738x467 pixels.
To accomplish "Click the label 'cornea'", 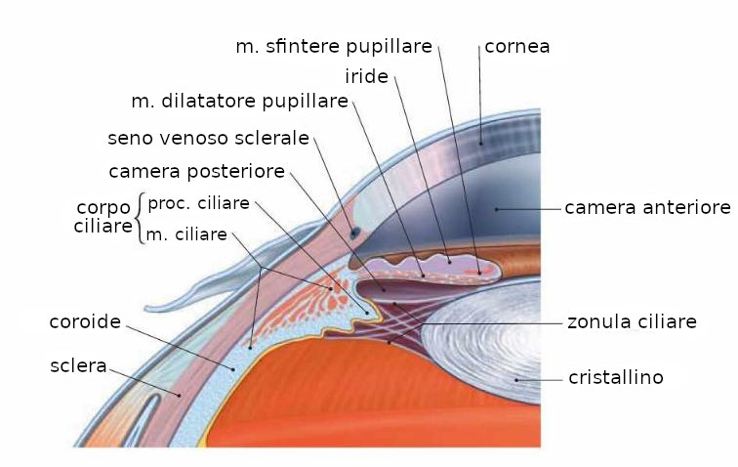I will pyautogui.click(x=516, y=46).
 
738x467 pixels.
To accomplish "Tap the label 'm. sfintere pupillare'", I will pyautogui.click(x=334, y=46).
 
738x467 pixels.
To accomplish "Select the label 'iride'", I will pyautogui.click(x=366, y=75).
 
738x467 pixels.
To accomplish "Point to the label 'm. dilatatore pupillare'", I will pyautogui.click(x=239, y=101).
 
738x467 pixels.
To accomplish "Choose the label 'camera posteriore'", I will pyautogui.click(x=196, y=172).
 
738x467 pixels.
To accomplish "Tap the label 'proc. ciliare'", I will pyautogui.click(x=198, y=202).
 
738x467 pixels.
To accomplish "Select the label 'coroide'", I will pyautogui.click(x=85, y=320).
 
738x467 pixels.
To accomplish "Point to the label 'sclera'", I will pyautogui.click(x=78, y=365).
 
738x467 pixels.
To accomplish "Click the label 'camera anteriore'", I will pyautogui.click(x=647, y=208).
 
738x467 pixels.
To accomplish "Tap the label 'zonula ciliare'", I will pyautogui.click(x=632, y=320).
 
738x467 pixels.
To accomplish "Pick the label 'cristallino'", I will pyautogui.click(x=616, y=376).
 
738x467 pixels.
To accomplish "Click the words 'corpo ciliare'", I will pyautogui.click(x=103, y=217).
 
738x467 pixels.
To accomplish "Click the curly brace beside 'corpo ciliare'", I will pyautogui.click(x=141, y=218).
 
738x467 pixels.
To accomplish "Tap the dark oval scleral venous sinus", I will pyautogui.click(x=354, y=233).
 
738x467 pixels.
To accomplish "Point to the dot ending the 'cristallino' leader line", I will pyautogui.click(x=516, y=377).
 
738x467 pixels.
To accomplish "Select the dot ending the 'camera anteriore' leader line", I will pyautogui.click(x=497, y=208).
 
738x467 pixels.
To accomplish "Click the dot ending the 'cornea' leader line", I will pyautogui.click(x=480, y=142).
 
